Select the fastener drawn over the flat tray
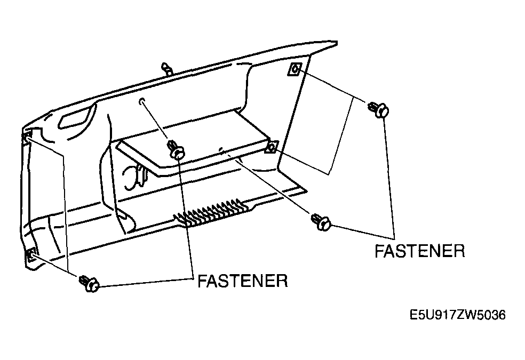(x=177, y=149)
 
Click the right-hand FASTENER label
(x=420, y=251)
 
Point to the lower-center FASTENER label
(x=243, y=281)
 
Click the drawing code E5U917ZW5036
(x=458, y=315)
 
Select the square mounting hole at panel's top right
(x=295, y=69)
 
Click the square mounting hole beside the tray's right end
(x=272, y=147)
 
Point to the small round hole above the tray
(x=141, y=101)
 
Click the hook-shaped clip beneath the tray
(x=136, y=177)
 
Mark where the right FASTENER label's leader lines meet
(x=394, y=238)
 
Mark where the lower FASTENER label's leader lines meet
(x=193, y=278)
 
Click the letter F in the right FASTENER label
(x=379, y=251)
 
